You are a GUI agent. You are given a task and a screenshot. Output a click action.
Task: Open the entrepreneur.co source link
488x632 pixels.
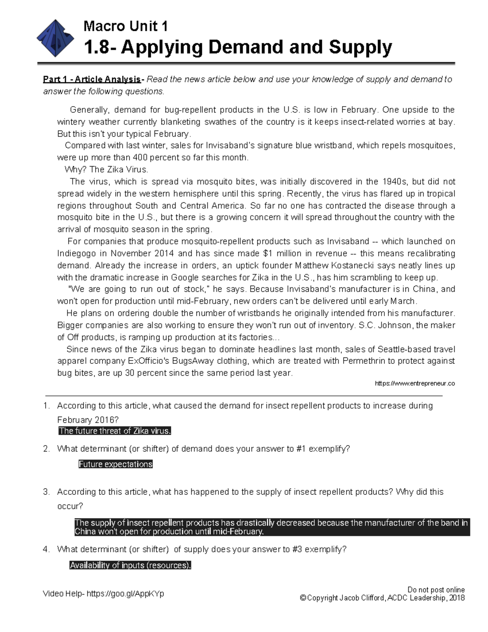pos(414,383)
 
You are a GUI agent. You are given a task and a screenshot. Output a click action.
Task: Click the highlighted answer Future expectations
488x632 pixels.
pos(115,464)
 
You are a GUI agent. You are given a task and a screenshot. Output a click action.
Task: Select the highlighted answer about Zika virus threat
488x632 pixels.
pos(115,431)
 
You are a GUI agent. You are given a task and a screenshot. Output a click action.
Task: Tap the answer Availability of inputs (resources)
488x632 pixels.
pos(130,565)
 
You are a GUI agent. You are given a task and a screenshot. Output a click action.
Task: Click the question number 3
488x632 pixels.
pos(46,492)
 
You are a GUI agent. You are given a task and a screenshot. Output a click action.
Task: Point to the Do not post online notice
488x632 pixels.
pos(436,590)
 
